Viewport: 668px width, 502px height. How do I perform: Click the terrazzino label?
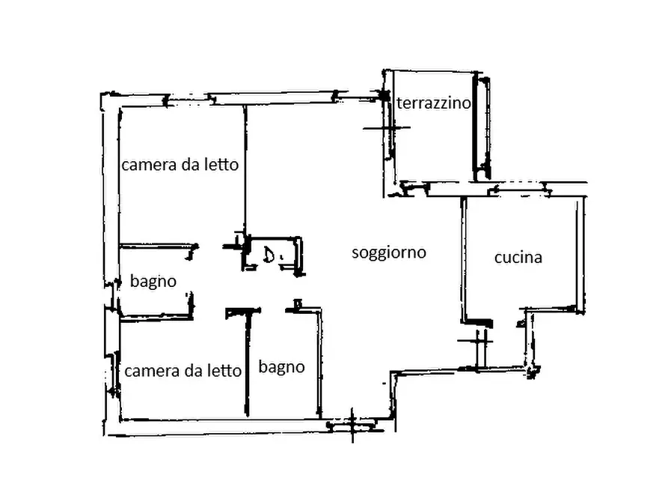click(434, 103)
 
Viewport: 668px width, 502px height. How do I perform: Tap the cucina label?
click(518, 258)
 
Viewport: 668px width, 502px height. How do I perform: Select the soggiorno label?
click(389, 252)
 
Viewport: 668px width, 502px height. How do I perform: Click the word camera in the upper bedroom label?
click(148, 165)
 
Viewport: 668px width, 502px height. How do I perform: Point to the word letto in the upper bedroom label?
click(221, 164)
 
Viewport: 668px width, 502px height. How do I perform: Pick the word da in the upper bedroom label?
click(189, 164)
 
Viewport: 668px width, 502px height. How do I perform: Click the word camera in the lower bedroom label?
click(151, 371)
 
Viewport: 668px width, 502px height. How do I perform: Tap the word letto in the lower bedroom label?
click(224, 370)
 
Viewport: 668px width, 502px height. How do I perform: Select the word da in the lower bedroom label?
click(192, 370)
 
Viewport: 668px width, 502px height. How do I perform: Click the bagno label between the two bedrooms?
click(153, 282)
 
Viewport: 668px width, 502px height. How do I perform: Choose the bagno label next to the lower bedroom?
click(282, 367)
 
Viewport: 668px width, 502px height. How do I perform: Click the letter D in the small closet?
click(269, 256)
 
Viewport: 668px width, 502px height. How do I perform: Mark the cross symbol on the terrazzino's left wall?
click(387, 128)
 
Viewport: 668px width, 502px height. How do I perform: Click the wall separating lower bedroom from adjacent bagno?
click(245, 363)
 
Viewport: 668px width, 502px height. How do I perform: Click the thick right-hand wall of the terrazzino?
click(475, 127)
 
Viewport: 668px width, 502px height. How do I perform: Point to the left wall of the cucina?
click(464, 258)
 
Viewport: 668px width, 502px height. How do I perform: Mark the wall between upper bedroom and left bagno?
click(157, 246)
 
